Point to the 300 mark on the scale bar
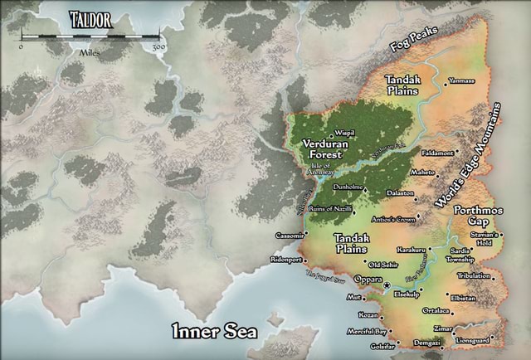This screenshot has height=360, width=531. pyautogui.click(x=158, y=47)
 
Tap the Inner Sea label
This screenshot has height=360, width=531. pyautogui.click(x=214, y=332)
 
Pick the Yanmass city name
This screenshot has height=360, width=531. pyautogui.click(x=462, y=81)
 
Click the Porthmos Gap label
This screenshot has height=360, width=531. pyautogui.click(x=478, y=216)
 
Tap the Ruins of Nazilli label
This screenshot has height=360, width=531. pyautogui.click(x=331, y=208)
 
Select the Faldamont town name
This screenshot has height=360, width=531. pyautogui.click(x=437, y=153)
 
